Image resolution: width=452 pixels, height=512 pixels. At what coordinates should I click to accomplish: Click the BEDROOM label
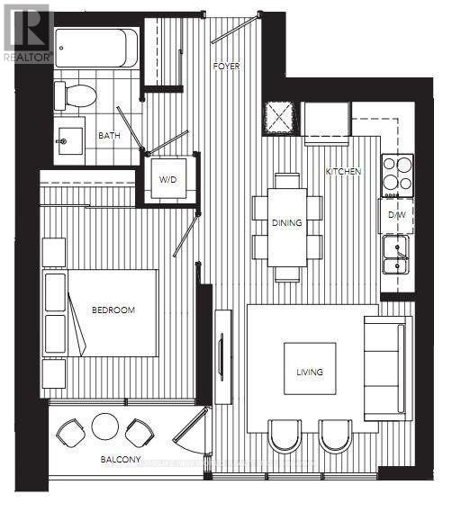point(113,310)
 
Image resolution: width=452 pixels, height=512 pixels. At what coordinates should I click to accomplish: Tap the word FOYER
point(224,67)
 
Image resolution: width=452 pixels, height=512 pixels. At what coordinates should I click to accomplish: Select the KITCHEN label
point(343,171)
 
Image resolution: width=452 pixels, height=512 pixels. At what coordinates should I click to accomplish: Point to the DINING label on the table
point(287,222)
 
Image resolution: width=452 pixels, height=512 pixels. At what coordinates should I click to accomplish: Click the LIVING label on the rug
point(310,371)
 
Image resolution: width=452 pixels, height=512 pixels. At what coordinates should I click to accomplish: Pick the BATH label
point(109,136)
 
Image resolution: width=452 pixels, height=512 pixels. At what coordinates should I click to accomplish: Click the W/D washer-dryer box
point(168,178)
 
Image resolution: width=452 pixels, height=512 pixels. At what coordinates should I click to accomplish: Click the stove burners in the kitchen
point(397,174)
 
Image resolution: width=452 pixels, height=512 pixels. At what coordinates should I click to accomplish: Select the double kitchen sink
point(396,253)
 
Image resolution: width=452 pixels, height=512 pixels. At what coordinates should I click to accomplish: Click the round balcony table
point(105,427)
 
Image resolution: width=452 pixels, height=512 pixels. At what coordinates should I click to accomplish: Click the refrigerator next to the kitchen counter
point(326,121)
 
